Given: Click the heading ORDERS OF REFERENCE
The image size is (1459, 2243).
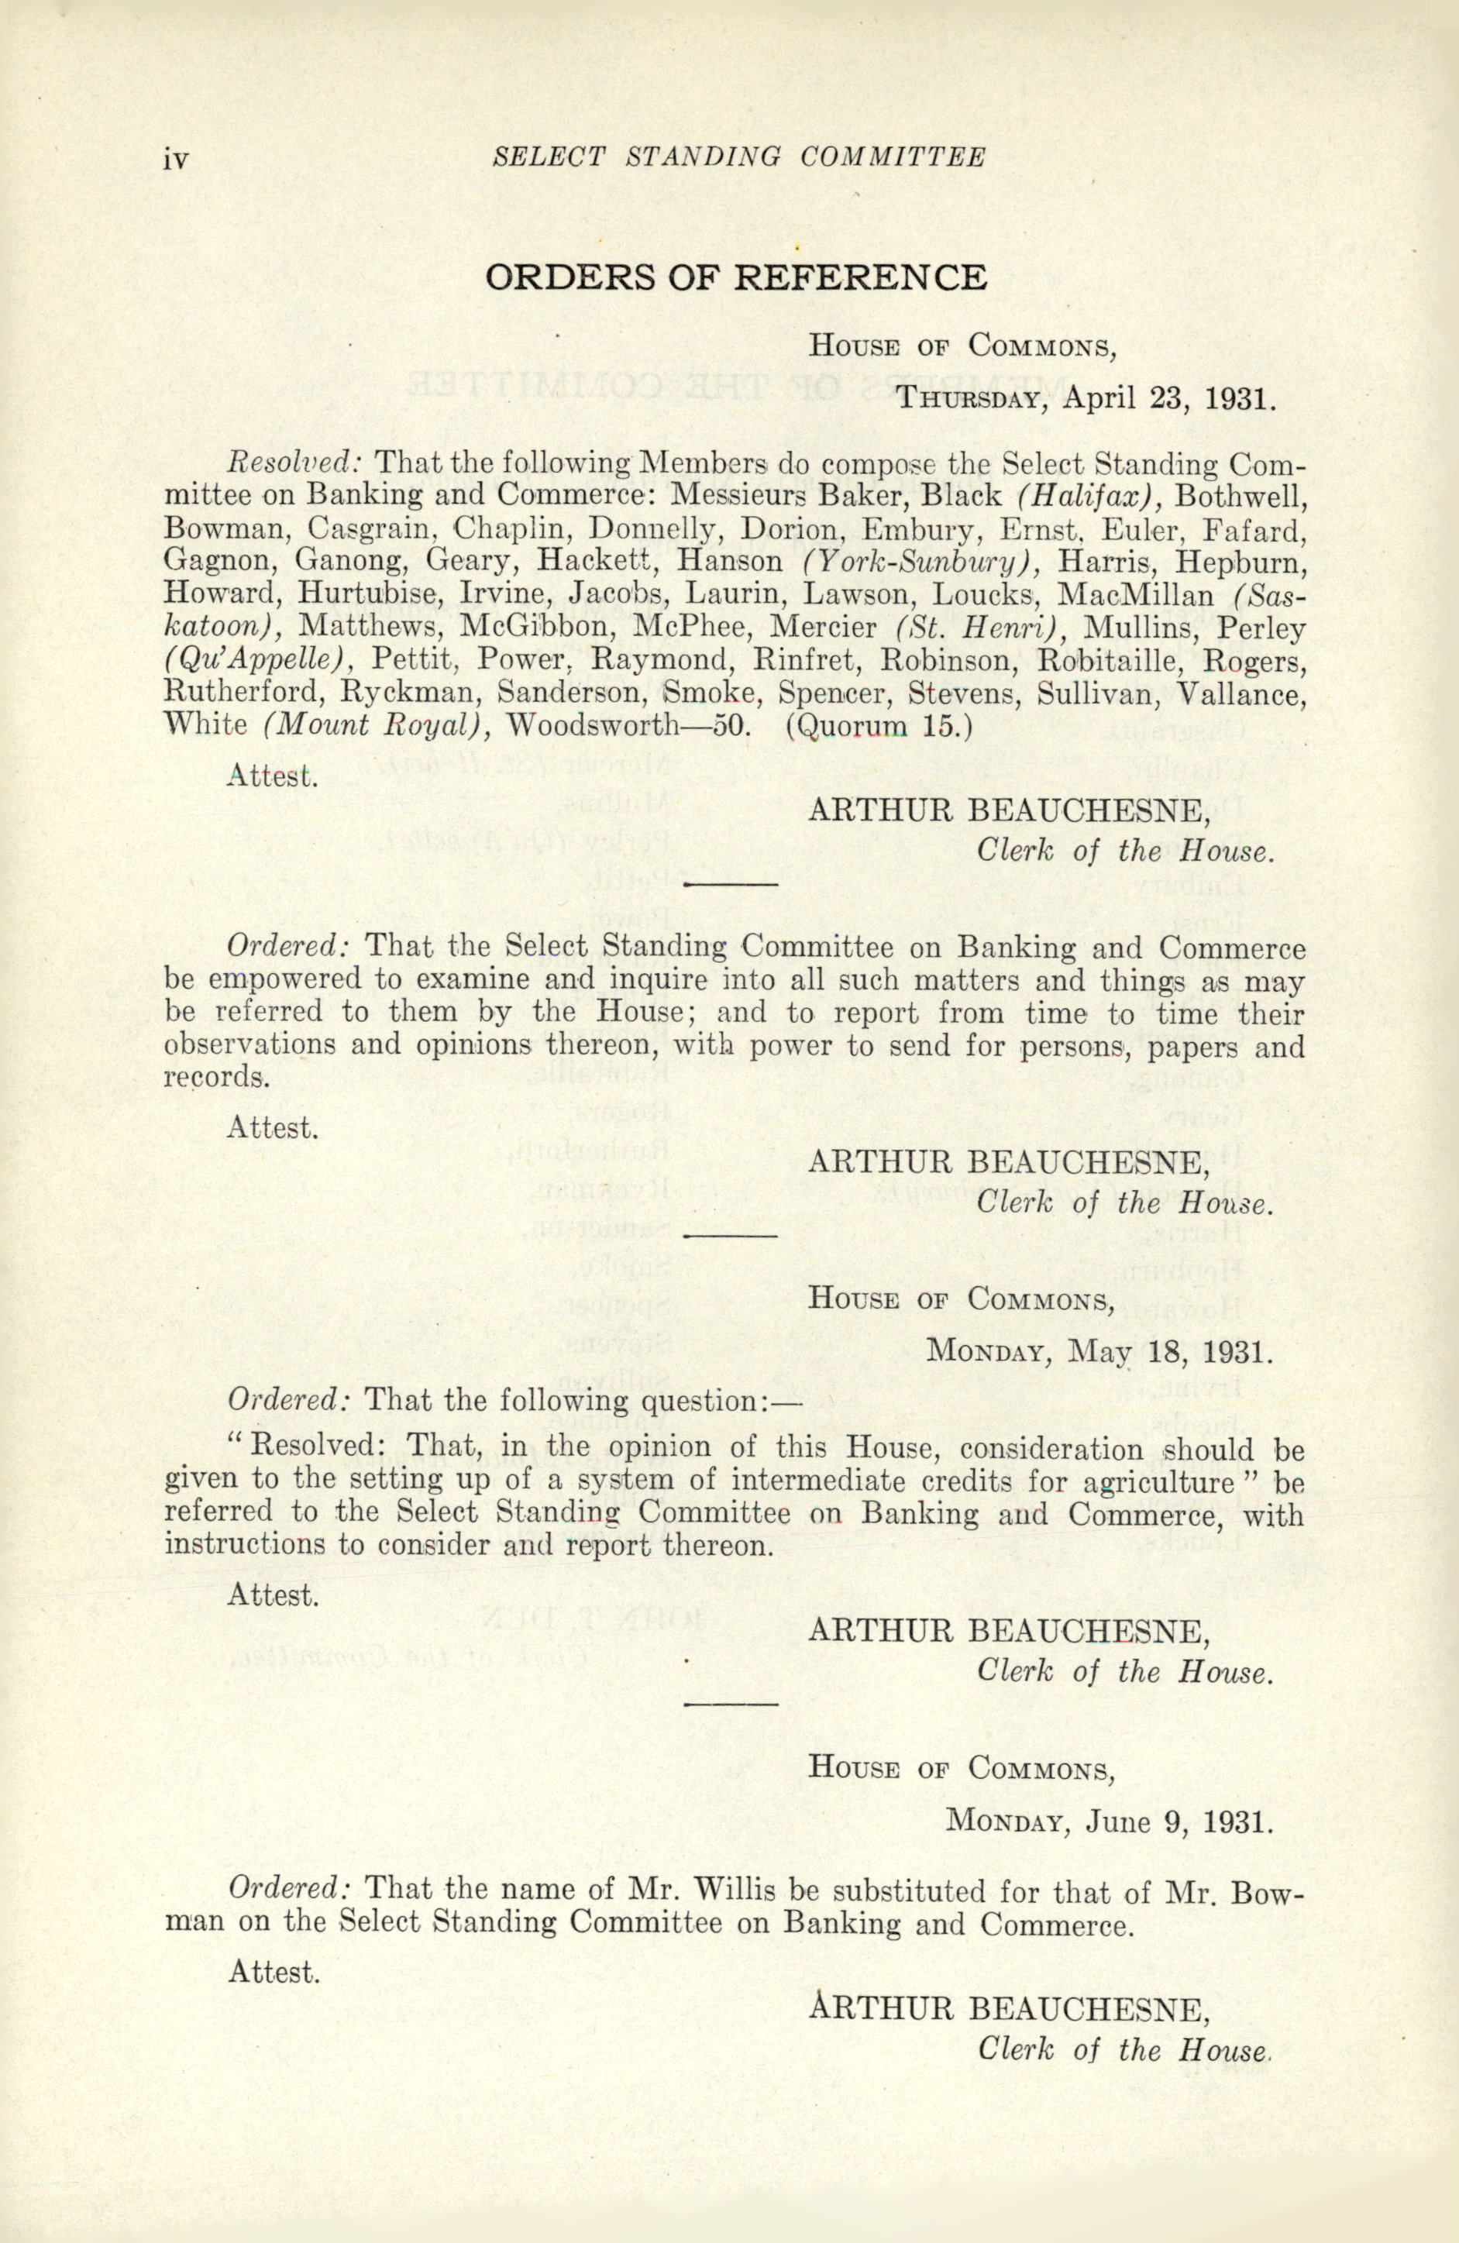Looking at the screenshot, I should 735,277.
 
